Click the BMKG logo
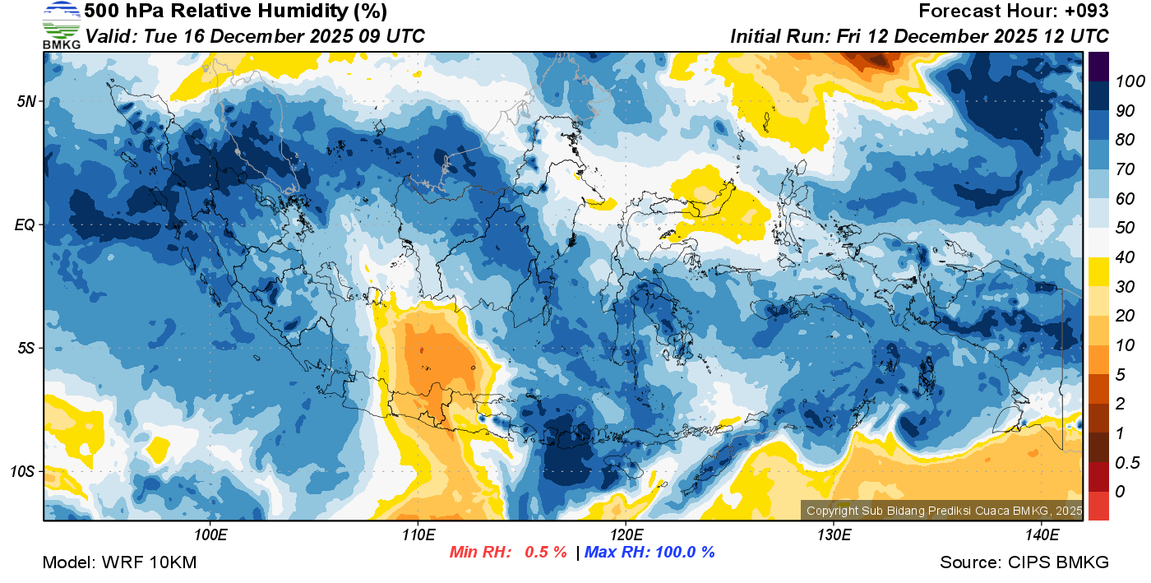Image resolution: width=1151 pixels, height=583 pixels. pyautogui.click(x=62, y=25)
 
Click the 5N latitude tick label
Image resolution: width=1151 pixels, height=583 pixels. pyautogui.click(x=27, y=102)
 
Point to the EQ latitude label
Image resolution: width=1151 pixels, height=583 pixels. pyautogui.click(x=27, y=224)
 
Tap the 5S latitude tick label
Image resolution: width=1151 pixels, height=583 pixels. pyautogui.click(x=27, y=348)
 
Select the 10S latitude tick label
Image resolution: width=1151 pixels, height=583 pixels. pyautogui.click(x=24, y=471)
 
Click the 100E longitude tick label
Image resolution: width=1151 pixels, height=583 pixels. pyautogui.click(x=210, y=535)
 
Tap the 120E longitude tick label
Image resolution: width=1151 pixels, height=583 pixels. pyautogui.click(x=626, y=535)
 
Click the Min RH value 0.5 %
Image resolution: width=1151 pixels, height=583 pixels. pyautogui.click(x=546, y=552)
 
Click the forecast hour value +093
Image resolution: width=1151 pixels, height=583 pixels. pyautogui.click(x=1088, y=12)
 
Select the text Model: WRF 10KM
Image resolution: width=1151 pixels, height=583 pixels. pyautogui.click(x=119, y=563)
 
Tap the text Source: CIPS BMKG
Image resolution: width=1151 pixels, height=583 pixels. pyautogui.click(x=1024, y=563)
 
